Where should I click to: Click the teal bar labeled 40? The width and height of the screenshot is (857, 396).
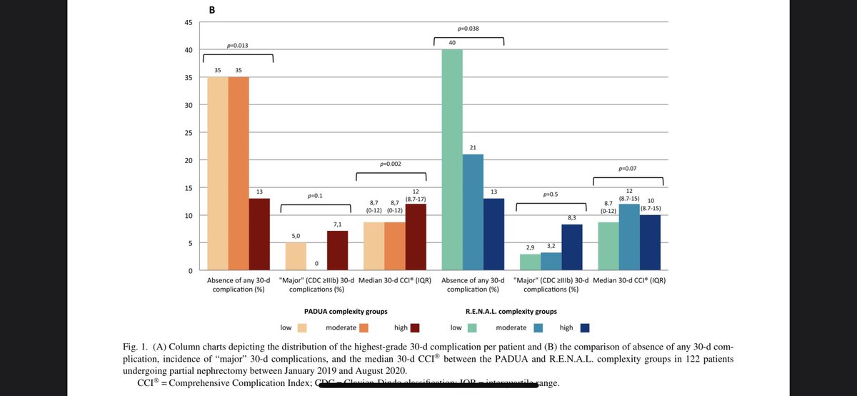[x=451, y=160]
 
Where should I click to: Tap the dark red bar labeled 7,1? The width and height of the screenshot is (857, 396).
[x=338, y=251]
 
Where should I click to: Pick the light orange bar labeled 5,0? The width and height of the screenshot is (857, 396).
[x=296, y=257]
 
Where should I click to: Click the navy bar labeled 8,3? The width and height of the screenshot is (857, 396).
[x=572, y=247]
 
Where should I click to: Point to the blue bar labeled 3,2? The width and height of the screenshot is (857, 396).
[x=551, y=262]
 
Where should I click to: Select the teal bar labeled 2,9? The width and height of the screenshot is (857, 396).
[x=530, y=262]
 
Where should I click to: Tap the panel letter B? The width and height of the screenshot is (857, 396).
[x=211, y=10]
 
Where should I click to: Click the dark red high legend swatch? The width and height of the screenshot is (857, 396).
[x=415, y=328]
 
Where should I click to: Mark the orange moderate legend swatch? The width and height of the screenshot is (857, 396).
[x=364, y=328]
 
